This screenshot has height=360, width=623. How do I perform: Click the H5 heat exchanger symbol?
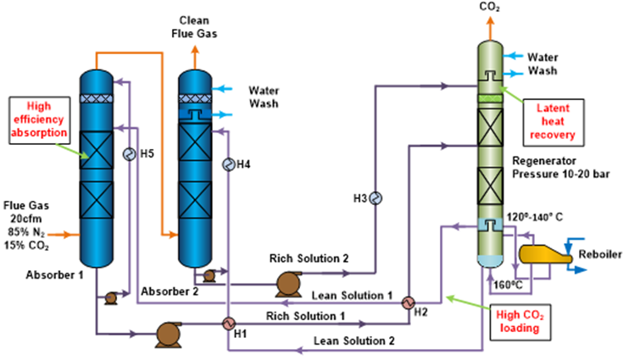tap(130, 154)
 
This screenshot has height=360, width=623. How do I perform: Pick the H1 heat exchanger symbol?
tap(227, 323)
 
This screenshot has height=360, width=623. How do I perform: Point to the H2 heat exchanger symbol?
tap(407, 302)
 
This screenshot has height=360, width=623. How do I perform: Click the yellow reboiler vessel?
tap(542, 253)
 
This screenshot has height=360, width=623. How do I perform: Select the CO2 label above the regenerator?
tap(489, 8)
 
